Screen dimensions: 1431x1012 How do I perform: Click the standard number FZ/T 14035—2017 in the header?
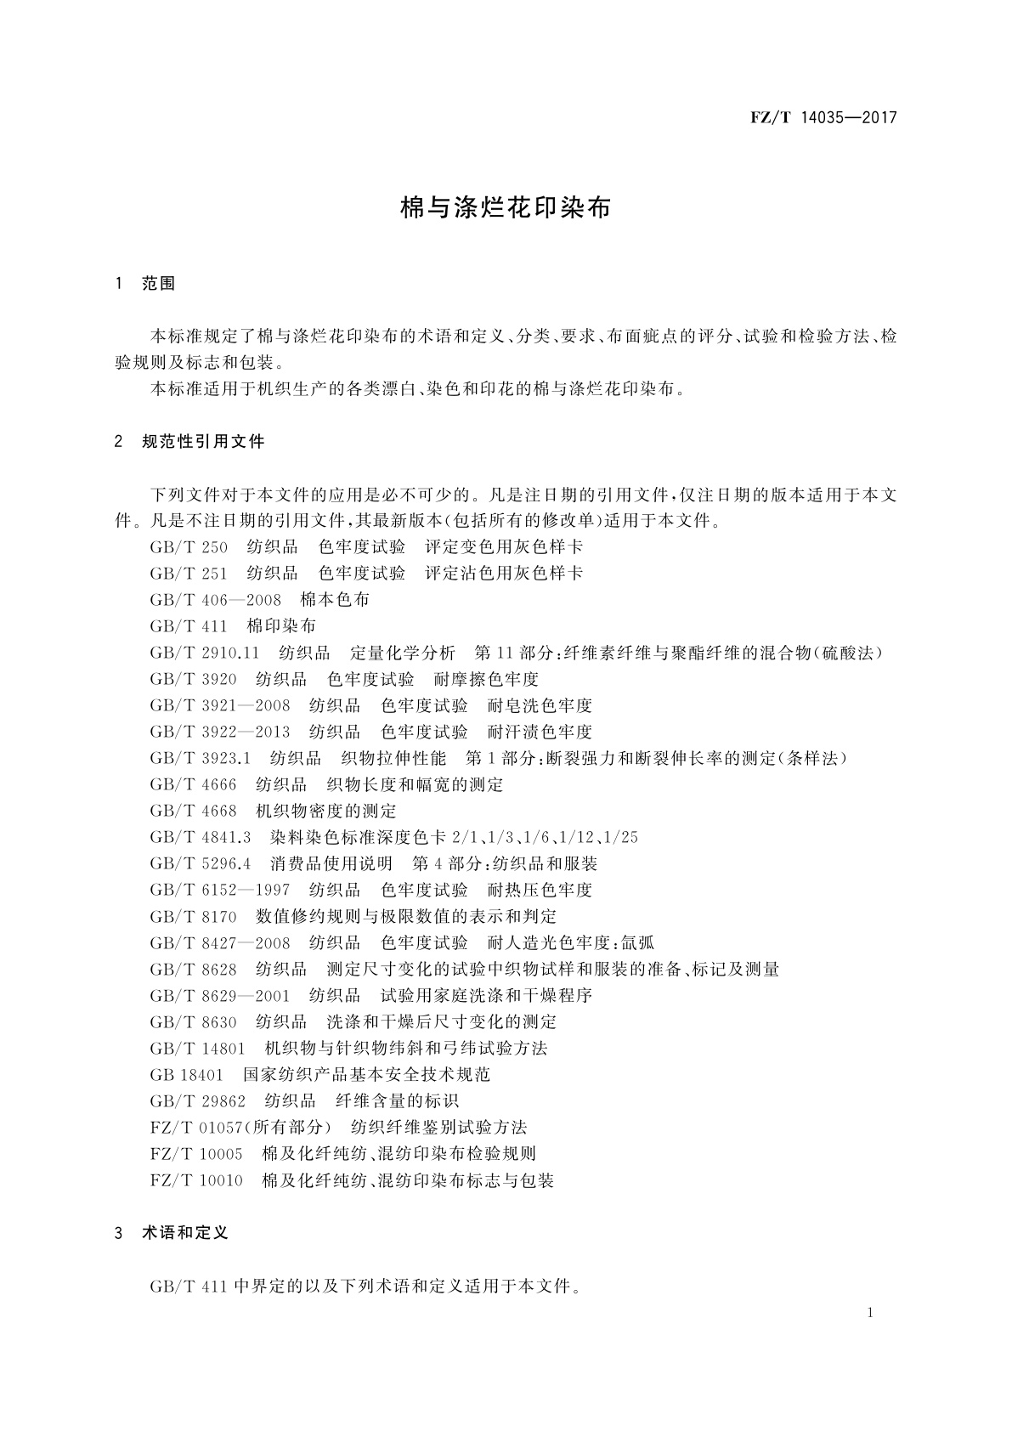pyautogui.click(x=823, y=118)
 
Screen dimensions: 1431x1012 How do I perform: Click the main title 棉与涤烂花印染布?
pyautogui.click(x=506, y=209)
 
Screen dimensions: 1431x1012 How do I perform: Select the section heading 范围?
pyautogui.click(x=159, y=284)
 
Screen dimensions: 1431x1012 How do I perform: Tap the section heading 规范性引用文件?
pyautogui.click(x=204, y=441)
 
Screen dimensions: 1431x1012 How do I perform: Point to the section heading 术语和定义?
pyautogui.click(x=185, y=1232)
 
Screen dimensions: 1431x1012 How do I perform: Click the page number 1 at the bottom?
pyautogui.click(x=870, y=1313)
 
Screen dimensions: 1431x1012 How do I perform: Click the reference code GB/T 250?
pyautogui.click(x=189, y=546)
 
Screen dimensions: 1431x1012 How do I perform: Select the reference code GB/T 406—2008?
pyautogui.click(x=215, y=599)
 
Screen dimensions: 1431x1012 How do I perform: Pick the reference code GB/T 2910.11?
pyautogui.click(x=204, y=653)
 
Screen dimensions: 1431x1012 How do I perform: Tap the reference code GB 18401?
pyautogui.click(x=186, y=1075)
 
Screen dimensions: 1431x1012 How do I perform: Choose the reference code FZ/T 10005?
pyautogui.click(x=196, y=1154)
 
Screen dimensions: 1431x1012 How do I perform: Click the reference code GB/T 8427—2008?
pyautogui.click(x=220, y=942)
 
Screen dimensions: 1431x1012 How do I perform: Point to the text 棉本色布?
pyautogui.click(x=336, y=599)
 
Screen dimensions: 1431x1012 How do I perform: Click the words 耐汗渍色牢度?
pyautogui.click(x=540, y=732)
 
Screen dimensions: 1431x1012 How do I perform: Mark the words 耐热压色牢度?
pyautogui.click(x=540, y=890)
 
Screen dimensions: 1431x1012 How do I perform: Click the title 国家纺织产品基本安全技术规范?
pyautogui.click(x=367, y=1075)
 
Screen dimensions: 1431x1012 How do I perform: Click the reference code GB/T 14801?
pyautogui.click(x=197, y=1048)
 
